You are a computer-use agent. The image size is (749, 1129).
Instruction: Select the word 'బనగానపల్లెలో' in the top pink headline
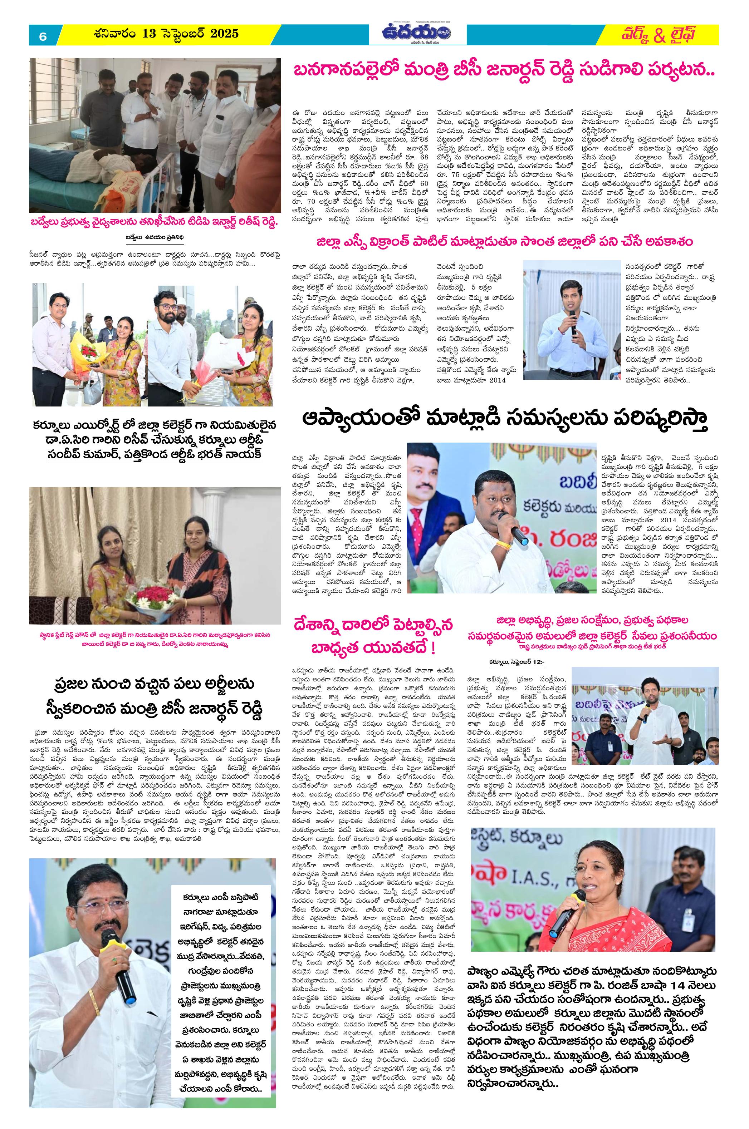(x=344, y=72)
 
